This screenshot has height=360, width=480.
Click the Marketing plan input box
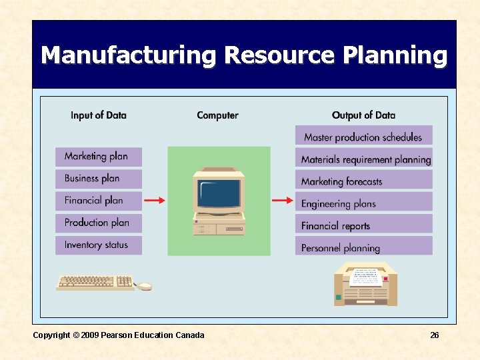[x=98, y=157]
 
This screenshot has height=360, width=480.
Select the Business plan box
[x=98, y=179]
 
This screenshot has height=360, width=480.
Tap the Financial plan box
[x=98, y=201]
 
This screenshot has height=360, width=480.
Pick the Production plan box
[x=98, y=223]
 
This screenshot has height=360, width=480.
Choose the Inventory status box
[x=98, y=245]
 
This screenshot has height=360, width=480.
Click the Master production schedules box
[x=363, y=137]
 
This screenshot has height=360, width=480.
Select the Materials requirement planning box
[x=363, y=159]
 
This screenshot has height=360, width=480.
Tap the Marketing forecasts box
[x=363, y=181]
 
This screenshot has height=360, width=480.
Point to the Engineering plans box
[x=363, y=203]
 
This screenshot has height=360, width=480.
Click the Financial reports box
[x=363, y=225]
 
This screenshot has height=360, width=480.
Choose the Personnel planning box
[x=363, y=247]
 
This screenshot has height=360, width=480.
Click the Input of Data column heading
[x=98, y=115]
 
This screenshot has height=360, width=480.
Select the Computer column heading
[x=217, y=115]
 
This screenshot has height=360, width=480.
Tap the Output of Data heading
[x=363, y=115]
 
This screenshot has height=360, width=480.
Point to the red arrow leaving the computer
[x=283, y=200]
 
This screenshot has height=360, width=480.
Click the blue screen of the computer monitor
[x=218, y=192]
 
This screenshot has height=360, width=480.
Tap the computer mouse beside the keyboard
[x=144, y=286]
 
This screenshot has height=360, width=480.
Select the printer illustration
[x=365, y=283]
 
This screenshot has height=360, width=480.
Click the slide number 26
[x=434, y=335]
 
